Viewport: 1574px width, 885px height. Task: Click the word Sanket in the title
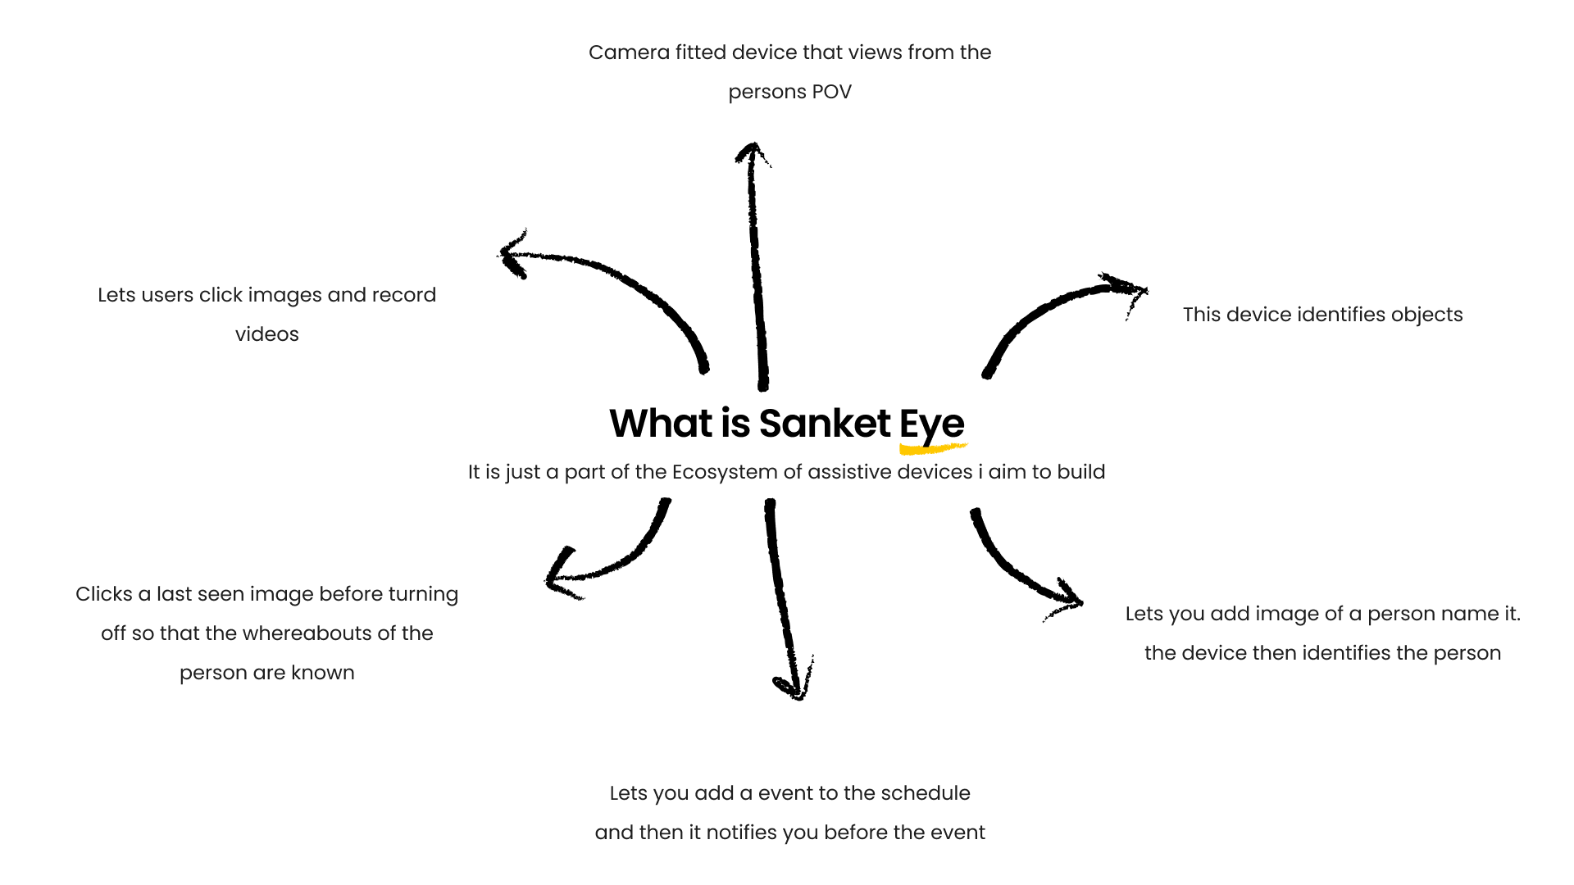tap(824, 424)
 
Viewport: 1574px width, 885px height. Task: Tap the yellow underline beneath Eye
tap(932, 448)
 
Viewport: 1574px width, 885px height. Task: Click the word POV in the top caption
tap(831, 92)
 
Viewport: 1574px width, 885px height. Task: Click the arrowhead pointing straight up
tap(752, 152)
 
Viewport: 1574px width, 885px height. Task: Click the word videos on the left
tap(267, 334)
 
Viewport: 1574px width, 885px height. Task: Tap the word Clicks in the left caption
tap(104, 594)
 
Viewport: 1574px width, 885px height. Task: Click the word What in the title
tap(661, 424)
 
